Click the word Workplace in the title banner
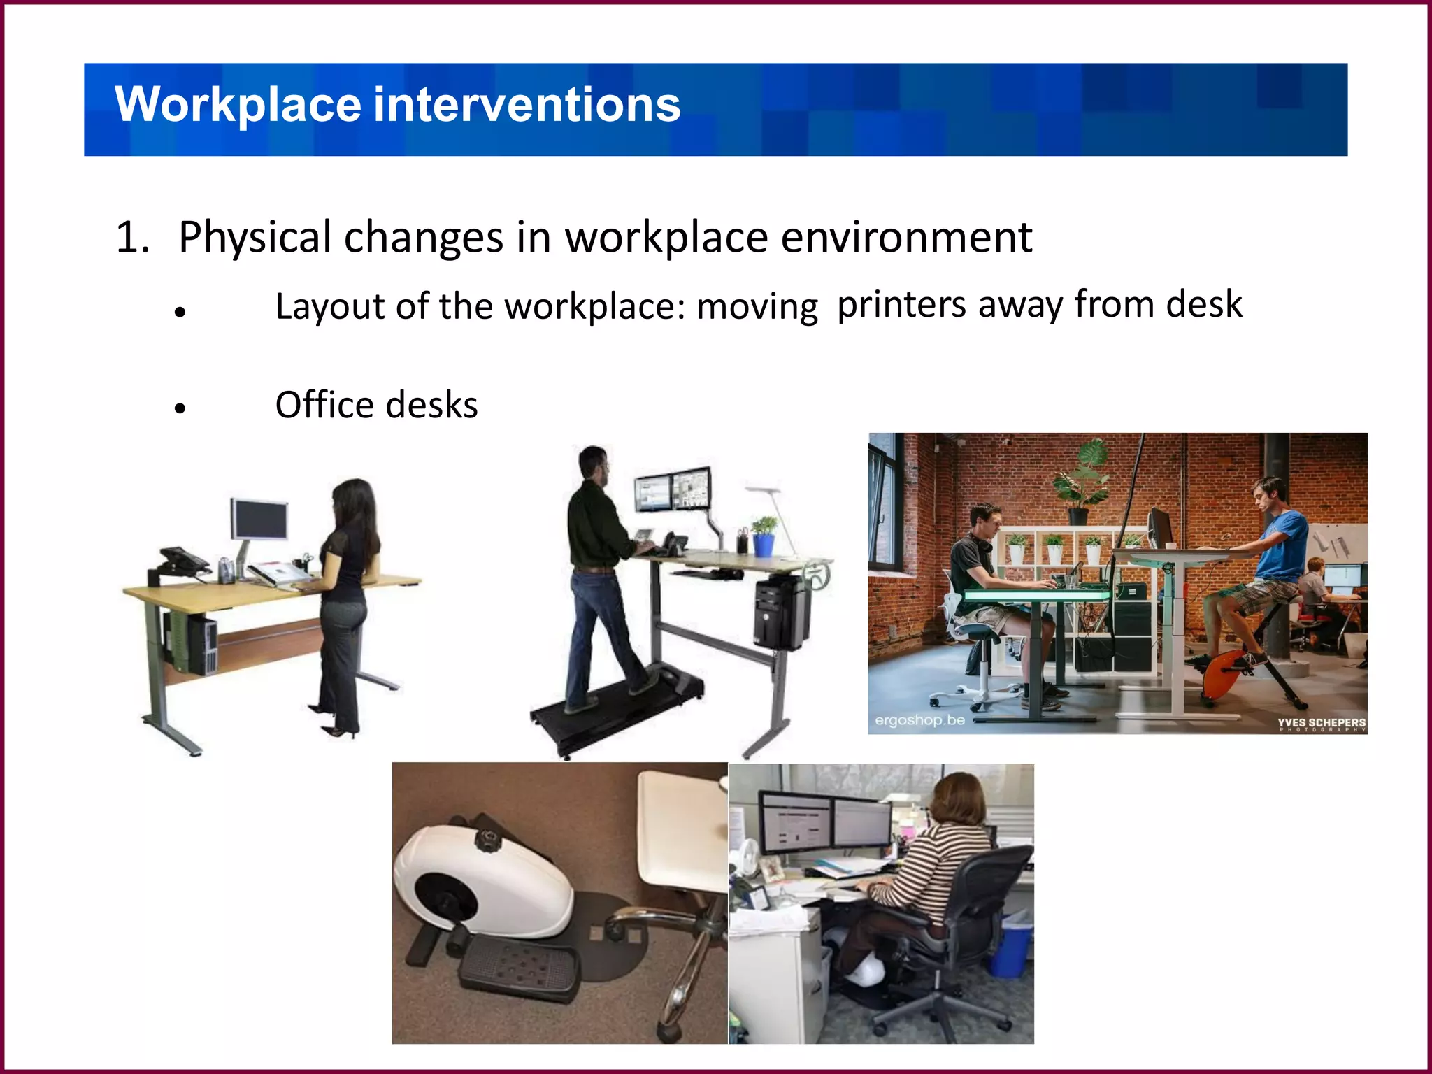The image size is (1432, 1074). pyautogui.click(x=238, y=105)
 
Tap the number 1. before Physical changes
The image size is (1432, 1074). pyautogui.click(x=133, y=238)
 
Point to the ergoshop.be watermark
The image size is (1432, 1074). pyautogui.click(x=919, y=719)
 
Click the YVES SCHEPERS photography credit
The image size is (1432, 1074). pyautogui.click(x=1321, y=723)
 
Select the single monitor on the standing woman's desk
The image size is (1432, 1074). pyautogui.click(x=259, y=520)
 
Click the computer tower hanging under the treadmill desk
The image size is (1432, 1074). pyautogui.click(x=780, y=612)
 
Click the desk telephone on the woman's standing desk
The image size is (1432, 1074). pyautogui.click(x=183, y=560)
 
